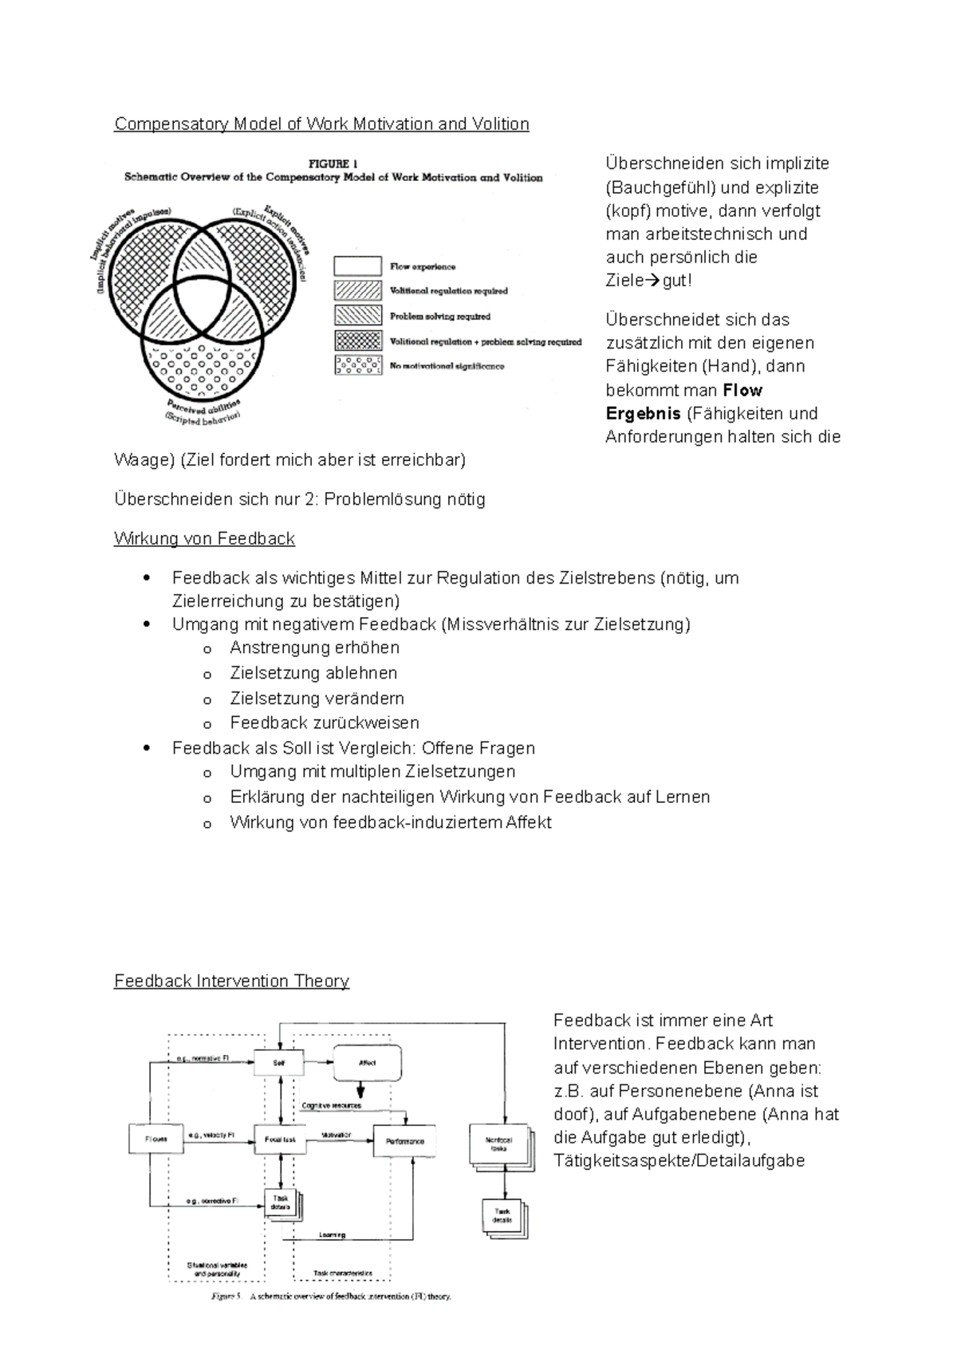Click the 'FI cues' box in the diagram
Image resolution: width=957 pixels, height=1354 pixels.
click(156, 1139)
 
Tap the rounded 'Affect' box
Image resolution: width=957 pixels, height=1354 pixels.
click(367, 1063)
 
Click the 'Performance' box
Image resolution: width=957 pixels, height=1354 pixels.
click(405, 1141)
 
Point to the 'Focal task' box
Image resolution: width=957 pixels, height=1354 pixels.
click(280, 1139)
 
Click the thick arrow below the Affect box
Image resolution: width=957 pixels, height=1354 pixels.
click(361, 1089)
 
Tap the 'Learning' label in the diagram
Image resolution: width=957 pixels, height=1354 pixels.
click(332, 1235)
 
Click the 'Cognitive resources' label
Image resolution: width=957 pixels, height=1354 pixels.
click(331, 1105)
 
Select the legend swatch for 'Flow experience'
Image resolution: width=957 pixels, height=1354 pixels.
click(358, 266)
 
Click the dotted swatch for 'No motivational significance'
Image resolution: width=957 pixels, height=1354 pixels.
click(358, 366)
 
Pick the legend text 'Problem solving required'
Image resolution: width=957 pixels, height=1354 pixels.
click(439, 317)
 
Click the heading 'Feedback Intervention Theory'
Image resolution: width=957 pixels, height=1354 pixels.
click(231, 981)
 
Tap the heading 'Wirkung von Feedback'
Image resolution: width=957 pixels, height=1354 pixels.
click(204, 538)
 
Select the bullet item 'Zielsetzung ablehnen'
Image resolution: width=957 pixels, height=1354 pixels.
click(313, 673)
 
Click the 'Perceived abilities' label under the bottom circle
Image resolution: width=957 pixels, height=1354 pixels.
click(200, 403)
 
